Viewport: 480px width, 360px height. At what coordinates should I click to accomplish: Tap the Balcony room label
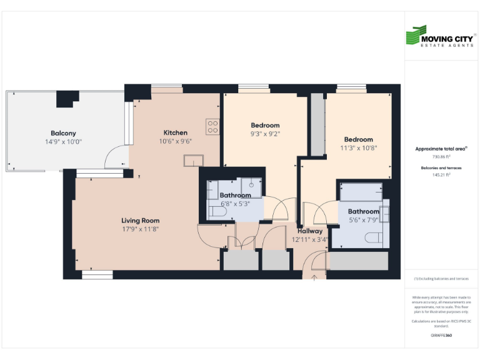pos(63,133)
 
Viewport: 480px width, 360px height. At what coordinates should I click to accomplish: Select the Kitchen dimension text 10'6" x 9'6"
pos(176,141)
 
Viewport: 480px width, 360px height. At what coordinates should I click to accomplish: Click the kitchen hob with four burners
pos(213,127)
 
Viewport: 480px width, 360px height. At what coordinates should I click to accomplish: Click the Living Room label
pos(140,221)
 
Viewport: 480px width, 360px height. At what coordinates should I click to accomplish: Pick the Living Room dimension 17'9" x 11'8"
pos(140,229)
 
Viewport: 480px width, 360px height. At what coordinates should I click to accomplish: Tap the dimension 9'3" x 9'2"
pos(265,134)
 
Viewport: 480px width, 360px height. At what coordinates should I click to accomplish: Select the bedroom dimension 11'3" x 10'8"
pos(358,148)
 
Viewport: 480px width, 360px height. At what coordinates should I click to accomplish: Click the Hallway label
pos(309,231)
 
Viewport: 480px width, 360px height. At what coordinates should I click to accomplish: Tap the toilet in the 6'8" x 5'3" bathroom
pos(216,212)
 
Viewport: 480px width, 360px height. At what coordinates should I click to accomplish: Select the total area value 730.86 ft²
pos(441,157)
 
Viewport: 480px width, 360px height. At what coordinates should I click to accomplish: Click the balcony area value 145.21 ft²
pos(441,175)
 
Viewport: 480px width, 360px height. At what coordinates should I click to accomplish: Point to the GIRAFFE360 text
pos(441,336)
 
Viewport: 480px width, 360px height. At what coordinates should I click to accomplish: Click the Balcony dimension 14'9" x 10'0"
pos(63,142)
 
